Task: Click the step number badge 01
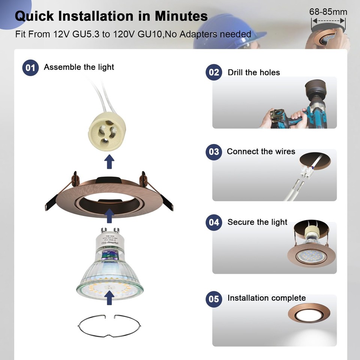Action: [x=30, y=68]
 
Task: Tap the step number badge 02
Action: [x=214, y=72]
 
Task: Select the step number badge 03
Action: [x=214, y=152]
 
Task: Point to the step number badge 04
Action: [x=214, y=222]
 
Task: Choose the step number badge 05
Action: [x=214, y=299]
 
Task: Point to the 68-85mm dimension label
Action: [x=328, y=12]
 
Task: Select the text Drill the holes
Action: [x=254, y=72]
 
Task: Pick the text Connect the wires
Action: [x=261, y=151]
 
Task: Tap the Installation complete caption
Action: [x=267, y=298]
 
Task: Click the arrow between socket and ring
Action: [x=109, y=162]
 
